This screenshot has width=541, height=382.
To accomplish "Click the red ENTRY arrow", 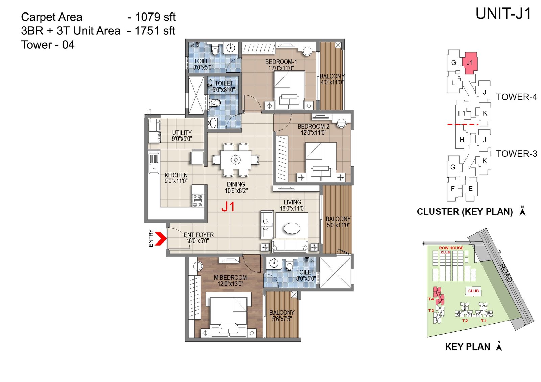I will pos(161,238).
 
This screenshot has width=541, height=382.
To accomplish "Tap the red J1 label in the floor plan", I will pos(228,207).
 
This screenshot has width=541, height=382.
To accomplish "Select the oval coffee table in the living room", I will pos(292,228).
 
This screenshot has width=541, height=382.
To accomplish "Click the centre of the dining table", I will pos(236,159).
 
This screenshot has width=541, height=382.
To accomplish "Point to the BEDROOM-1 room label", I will pos(281,62).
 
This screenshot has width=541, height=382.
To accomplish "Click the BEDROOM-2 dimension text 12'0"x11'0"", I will pos(313,133).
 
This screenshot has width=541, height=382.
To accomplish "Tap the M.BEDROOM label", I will pos(230,277).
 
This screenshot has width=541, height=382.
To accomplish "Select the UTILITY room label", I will pos(182,133).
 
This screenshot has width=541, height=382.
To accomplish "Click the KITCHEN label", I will pos(176,175).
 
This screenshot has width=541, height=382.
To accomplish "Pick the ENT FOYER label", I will pos(199,235).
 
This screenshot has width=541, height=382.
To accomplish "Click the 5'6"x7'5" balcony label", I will pos(282,319).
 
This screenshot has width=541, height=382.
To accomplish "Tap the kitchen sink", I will pos(154,168).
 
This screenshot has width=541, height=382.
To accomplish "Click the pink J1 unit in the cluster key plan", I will pos(470,62).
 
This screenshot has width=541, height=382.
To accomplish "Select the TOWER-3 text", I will pos(516,154).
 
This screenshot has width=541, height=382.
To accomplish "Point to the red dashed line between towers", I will pos(463,124).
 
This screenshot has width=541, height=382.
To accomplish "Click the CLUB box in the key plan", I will pos(473,291).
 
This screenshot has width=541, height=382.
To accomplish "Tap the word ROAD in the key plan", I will pos(506,272).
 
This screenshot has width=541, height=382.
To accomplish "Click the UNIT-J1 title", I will pos(503,14).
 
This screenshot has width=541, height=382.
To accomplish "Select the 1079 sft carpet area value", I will pos(155,17).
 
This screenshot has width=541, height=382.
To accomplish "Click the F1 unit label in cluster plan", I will pos(461,113).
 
